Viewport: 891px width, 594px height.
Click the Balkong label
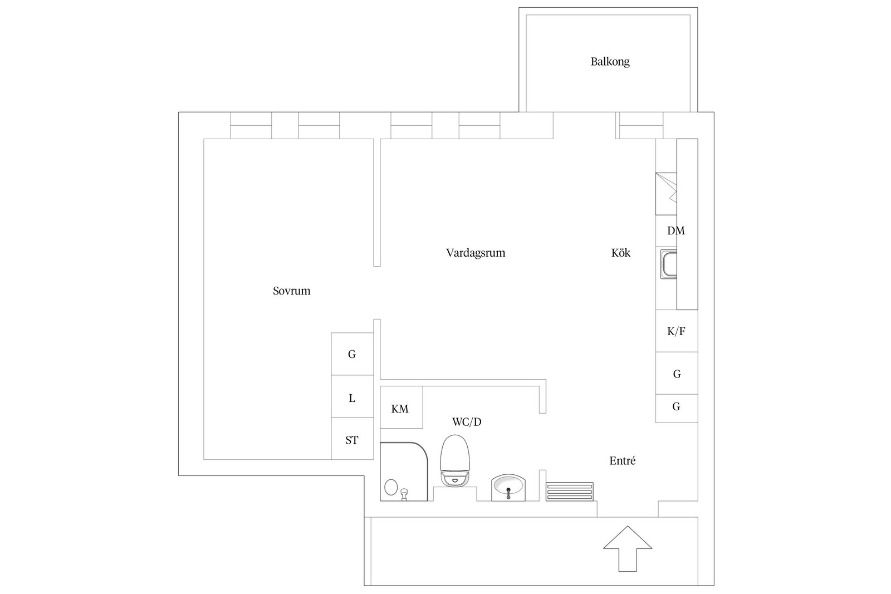pyautogui.click(x=610, y=62)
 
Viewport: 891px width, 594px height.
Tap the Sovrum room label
pyautogui.click(x=291, y=291)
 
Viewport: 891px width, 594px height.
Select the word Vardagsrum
pyautogui.click(x=476, y=253)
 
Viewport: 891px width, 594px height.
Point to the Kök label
pyautogui.click(x=620, y=253)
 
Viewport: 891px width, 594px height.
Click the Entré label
pyautogui.click(x=622, y=461)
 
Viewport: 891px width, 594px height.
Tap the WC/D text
pyautogui.click(x=467, y=423)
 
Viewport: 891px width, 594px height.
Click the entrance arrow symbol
pyautogui.click(x=628, y=548)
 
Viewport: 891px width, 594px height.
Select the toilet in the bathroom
pyautogui.click(x=455, y=462)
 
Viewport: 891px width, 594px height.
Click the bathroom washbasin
pyautogui.click(x=508, y=488)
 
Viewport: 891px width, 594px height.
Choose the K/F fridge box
pyautogui.click(x=676, y=331)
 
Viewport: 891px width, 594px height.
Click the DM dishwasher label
pyautogui.click(x=675, y=231)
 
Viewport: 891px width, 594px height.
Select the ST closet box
pyautogui.click(x=352, y=439)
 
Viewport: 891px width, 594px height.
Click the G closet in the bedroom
pyautogui.click(x=352, y=354)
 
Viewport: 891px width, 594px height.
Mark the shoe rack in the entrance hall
pyautogui.click(x=569, y=492)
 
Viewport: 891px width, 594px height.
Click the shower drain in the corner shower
pyautogui.click(x=391, y=487)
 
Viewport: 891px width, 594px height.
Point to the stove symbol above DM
pyautogui.click(x=666, y=194)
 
